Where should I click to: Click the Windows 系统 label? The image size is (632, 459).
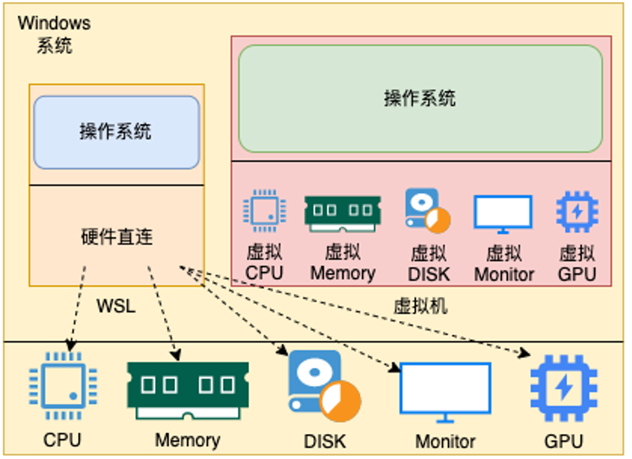(54, 34)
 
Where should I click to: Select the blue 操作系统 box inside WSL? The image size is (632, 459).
(116, 132)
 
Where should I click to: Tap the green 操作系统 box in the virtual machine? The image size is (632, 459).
(421, 99)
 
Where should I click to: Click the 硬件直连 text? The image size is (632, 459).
(117, 237)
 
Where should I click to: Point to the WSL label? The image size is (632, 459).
(116, 306)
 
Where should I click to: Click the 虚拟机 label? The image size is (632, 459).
(421, 306)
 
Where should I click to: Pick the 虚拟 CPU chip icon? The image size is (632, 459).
(265, 211)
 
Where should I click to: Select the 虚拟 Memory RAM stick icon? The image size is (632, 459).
(343, 214)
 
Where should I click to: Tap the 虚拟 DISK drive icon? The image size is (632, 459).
(428, 210)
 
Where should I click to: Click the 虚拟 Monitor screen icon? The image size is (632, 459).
(503, 214)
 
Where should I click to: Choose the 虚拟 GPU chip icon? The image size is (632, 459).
(577, 212)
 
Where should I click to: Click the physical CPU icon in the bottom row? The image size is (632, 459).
(63, 385)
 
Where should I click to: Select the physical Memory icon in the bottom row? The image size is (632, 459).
(188, 391)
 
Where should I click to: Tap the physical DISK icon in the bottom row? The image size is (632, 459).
(324, 386)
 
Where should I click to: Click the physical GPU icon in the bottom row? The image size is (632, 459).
(564, 388)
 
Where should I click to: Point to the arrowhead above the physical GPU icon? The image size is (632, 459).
(525, 353)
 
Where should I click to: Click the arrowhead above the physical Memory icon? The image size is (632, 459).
(175, 355)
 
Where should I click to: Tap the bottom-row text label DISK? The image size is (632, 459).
(325, 442)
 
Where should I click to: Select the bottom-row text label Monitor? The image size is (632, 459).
(445, 442)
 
